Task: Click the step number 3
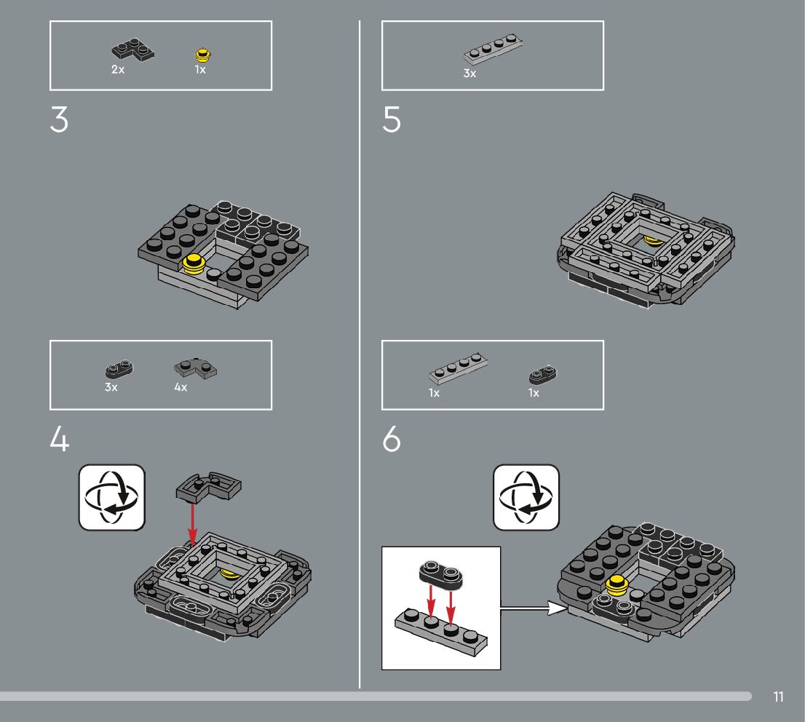(59, 120)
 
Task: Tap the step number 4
(60, 439)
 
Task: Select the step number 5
(391, 120)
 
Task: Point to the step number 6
(391, 439)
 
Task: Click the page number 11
(778, 697)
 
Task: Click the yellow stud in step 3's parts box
(203, 55)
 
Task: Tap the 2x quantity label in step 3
(118, 69)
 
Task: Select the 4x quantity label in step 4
(181, 387)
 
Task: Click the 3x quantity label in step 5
(469, 74)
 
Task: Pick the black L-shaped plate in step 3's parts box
(133, 50)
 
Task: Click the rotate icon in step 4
(112, 497)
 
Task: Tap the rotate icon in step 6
(526, 497)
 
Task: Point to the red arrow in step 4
(193, 524)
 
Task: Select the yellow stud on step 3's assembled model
(194, 264)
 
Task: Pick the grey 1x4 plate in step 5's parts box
(493, 49)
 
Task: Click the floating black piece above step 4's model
(208, 486)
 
